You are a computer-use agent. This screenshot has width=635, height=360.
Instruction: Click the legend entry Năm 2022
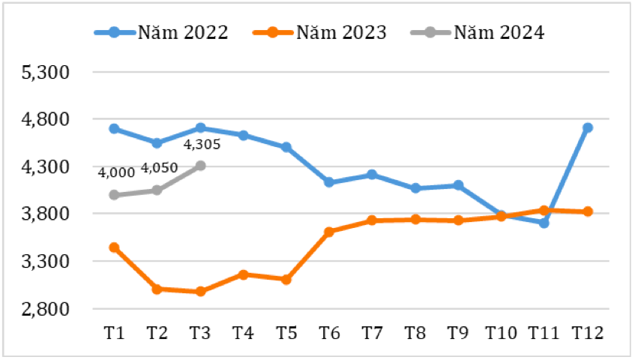(x=161, y=32)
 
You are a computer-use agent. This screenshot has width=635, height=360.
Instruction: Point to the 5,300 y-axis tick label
(x=46, y=73)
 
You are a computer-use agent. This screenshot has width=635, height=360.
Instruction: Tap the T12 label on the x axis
(x=587, y=333)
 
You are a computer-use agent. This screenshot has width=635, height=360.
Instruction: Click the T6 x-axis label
(x=329, y=333)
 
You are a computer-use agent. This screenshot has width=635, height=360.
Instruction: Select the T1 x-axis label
(x=114, y=333)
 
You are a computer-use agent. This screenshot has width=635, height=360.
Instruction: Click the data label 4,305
(x=202, y=145)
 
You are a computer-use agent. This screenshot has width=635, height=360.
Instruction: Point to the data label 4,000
(x=116, y=173)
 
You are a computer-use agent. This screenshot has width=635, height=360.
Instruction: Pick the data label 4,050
(x=159, y=168)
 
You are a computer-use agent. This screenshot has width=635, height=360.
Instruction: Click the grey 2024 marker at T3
(x=200, y=166)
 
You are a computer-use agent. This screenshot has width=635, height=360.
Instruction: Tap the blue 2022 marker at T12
(x=588, y=128)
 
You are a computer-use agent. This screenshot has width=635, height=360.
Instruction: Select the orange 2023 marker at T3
(x=200, y=292)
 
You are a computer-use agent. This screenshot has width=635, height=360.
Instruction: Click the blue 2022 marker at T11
(x=544, y=223)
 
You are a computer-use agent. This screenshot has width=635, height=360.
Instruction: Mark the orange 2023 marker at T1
(x=114, y=247)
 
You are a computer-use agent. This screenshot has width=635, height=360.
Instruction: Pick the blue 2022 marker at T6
(x=329, y=182)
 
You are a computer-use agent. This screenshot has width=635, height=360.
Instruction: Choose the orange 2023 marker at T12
(x=588, y=212)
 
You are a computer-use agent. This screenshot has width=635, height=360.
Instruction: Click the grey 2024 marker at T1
(x=114, y=195)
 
